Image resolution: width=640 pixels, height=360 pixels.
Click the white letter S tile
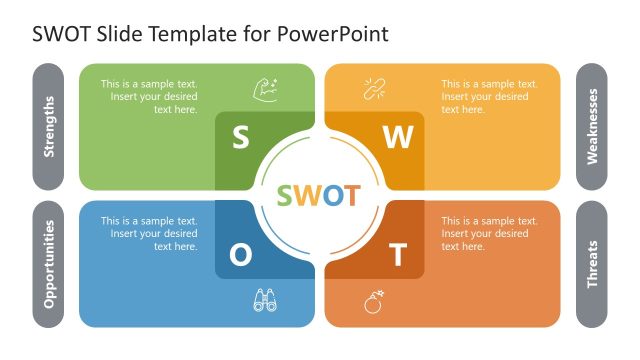[x=241, y=138]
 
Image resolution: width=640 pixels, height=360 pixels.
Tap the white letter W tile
[x=398, y=139]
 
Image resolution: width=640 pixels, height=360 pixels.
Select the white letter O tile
[x=241, y=255]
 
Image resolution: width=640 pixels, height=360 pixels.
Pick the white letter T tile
[x=398, y=256]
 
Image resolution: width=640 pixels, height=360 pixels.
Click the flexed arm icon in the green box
[x=265, y=89]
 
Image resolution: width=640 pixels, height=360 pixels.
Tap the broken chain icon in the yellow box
[x=373, y=89]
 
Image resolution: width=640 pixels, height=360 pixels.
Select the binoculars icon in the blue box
[x=265, y=300]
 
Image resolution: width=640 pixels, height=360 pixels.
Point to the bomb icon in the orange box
[x=373, y=301]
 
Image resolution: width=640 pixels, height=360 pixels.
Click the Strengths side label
[x=48, y=127]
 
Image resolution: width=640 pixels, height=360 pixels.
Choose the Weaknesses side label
[x=592, y=127]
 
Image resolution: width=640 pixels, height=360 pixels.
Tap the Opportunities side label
[x=48, y=264]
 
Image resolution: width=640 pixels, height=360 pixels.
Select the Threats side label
[x=592, y=264]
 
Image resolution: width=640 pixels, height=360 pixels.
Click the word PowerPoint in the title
[x=338, y=34]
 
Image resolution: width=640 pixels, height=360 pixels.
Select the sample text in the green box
[x=149, y=97]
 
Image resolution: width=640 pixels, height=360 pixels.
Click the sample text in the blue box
[x=149, y=234]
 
